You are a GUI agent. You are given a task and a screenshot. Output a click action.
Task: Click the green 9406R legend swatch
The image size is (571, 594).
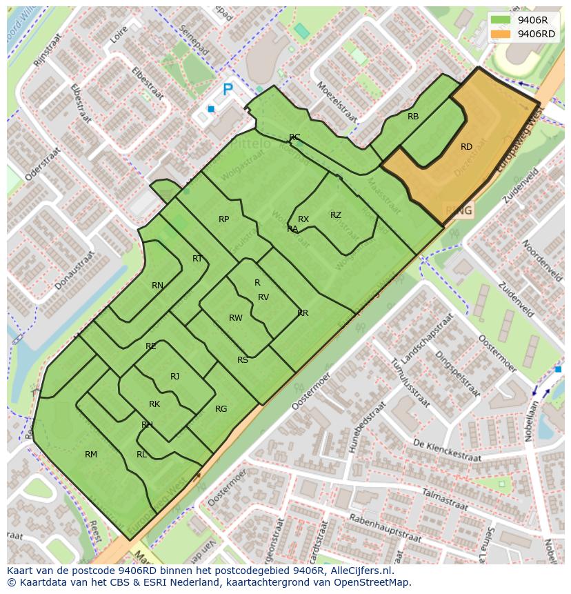501,20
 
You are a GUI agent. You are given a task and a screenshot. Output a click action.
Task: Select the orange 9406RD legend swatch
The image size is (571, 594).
501,34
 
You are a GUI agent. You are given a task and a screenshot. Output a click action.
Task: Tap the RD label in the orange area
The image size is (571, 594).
467,147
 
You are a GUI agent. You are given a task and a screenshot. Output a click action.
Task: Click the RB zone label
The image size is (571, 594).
413,117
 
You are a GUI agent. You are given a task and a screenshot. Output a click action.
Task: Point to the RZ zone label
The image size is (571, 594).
336,215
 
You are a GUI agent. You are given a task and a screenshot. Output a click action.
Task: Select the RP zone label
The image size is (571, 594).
223,219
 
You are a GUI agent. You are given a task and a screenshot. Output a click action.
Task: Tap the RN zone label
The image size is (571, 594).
158,286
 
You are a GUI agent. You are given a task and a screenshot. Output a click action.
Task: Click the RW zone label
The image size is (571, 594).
236,318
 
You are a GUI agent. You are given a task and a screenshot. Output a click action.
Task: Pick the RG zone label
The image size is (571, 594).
221,409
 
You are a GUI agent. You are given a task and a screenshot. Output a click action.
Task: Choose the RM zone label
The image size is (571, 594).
91,455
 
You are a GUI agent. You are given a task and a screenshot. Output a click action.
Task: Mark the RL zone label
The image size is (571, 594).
141,455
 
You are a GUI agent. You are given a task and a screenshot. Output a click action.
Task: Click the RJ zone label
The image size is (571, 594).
175,377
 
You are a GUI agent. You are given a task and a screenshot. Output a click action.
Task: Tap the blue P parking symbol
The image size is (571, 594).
228,90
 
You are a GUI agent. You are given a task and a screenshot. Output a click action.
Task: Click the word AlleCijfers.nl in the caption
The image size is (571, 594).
355,571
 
